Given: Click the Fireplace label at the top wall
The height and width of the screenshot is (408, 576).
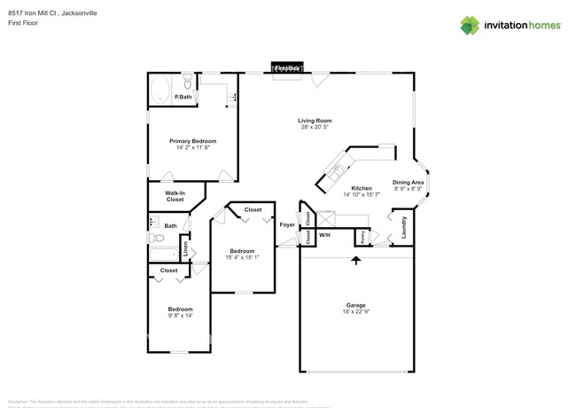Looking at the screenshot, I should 285,68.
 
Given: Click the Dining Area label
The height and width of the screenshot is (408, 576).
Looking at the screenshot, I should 409,182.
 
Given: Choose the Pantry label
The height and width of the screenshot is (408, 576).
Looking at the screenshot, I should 363,237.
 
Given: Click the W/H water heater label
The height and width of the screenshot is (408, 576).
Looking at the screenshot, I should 324,235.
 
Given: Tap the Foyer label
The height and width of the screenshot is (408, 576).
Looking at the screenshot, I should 287,224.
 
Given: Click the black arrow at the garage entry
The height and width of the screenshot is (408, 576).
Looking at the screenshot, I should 356,260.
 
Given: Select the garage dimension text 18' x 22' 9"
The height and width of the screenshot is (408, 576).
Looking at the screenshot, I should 355,311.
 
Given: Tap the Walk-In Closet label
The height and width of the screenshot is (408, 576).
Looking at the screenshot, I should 175,196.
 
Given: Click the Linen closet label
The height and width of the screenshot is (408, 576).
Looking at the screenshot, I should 185,251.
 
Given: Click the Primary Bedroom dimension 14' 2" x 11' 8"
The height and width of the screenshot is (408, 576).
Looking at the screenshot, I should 193,147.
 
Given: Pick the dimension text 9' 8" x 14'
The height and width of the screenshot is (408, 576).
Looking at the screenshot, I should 180,315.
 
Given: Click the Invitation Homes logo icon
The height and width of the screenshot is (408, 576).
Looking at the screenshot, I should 470,25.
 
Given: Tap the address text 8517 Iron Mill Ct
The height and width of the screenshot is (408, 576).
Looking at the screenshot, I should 35,13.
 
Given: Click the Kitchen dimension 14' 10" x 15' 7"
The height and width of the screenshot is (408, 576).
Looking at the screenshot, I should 361,195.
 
